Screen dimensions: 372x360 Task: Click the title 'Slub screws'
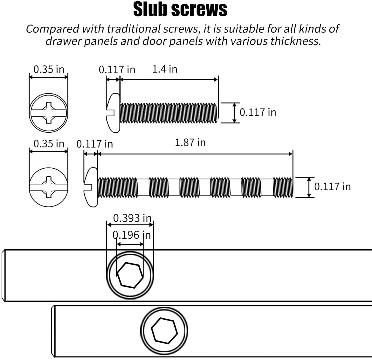[x=180, y=9]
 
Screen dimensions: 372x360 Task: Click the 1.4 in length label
[x=165, y=69]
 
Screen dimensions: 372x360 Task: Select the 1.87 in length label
[x=190, y=143]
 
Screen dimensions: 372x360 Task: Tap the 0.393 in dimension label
[x=132, y=218]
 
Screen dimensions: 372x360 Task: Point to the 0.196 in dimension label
[x=132, y=235]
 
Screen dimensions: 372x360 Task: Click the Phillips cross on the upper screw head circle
[x=49, y=113]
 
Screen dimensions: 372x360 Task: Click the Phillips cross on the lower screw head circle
[x=49, y=187]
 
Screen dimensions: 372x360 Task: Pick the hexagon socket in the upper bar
[x=130, y=275]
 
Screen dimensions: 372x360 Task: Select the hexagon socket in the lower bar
[x=164, y=331]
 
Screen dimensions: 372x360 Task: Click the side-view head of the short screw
[x=113, y=113]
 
